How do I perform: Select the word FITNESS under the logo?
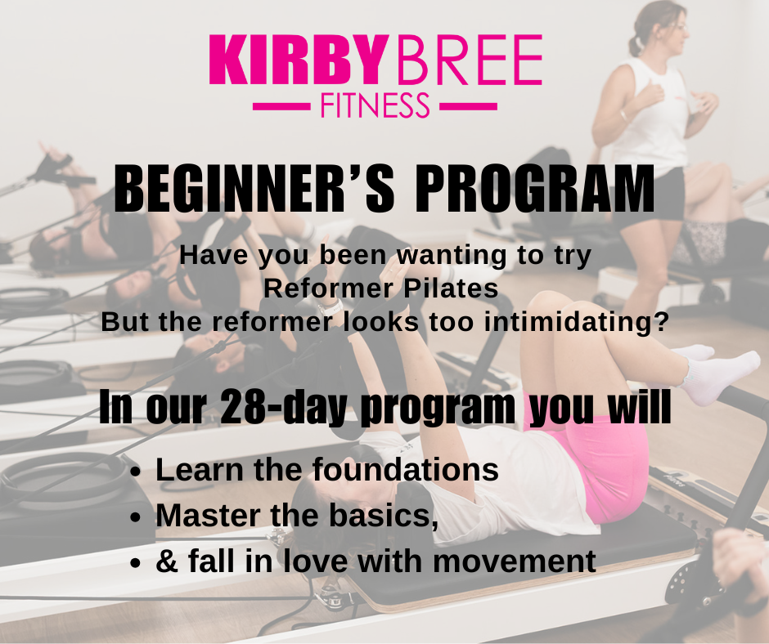click(x=376, y=105)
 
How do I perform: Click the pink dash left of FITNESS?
click(x=281, y=106)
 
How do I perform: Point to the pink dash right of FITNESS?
click(x=469, y=106)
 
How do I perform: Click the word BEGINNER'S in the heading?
click(x=254, y=189)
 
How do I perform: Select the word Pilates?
click(x=451, y=288)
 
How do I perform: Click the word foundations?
click(x=405, y=470)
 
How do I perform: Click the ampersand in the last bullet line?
click(x=167, y=561)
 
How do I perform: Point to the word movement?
click(x=514, y=561)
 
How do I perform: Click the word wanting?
click(x=452, y=255)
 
